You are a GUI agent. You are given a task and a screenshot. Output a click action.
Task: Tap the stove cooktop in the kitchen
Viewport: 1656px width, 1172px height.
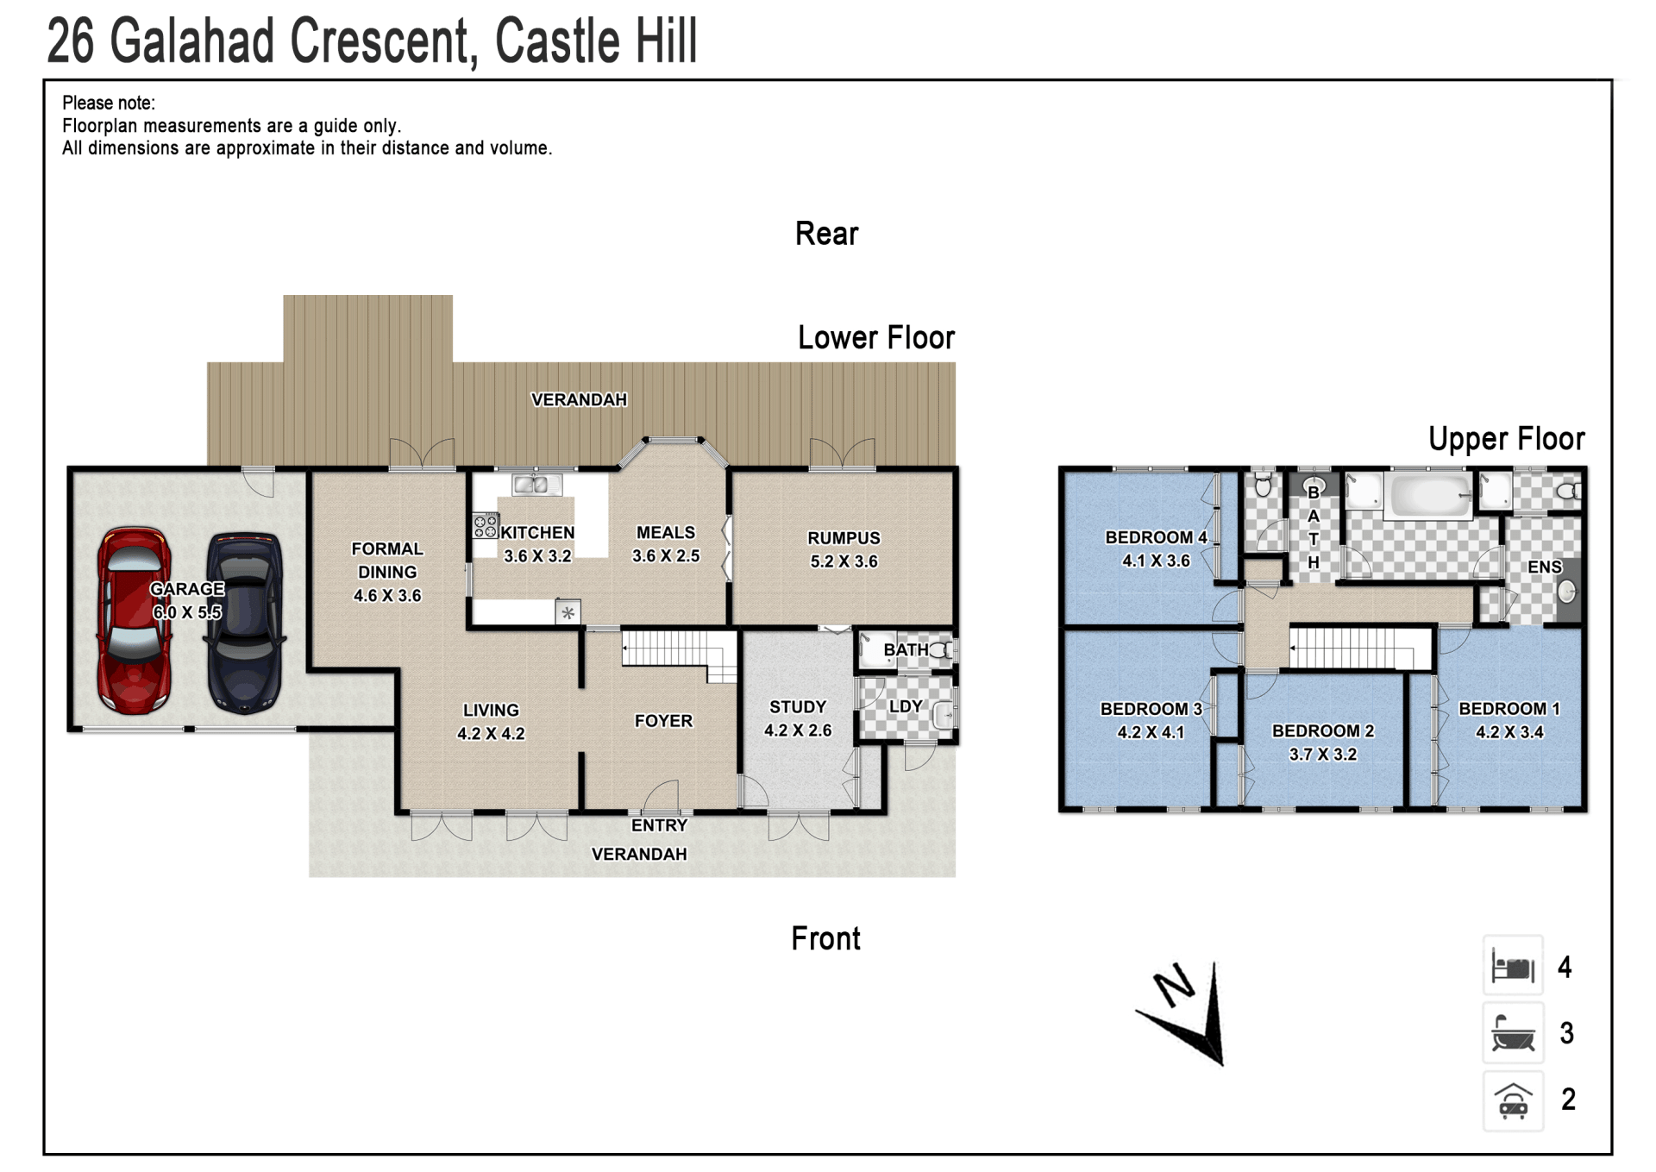click(486, 526)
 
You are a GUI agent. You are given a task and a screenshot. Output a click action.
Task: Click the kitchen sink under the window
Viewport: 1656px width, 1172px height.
click(536, 485)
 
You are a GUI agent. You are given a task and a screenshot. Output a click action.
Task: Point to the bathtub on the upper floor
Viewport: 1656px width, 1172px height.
click(1428, 495)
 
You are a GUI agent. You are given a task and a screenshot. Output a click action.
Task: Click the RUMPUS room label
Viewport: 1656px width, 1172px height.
click(844, 538)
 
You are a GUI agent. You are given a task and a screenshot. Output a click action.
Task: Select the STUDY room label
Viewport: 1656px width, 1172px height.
click(798, 707)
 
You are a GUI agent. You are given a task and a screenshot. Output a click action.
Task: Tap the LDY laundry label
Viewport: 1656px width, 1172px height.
click(906, 706)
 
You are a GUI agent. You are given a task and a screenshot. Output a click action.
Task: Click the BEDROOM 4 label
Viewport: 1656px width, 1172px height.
click(1156, 537)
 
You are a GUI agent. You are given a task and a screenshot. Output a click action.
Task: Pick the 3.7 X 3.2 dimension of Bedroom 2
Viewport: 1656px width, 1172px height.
click(1322, 755)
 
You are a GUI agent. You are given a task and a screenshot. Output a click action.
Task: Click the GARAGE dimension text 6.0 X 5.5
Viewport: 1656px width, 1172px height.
click(187, 612)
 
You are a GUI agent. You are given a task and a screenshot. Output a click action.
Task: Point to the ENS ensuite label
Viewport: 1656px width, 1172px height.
click(1544, 567)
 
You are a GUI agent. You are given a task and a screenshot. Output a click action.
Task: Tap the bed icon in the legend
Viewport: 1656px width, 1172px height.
click(1513, 967)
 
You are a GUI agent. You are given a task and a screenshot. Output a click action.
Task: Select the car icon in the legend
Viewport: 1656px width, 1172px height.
click(1513, 1100)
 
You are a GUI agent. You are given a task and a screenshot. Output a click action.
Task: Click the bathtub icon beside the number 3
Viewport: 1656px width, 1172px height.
click(1513, 1033)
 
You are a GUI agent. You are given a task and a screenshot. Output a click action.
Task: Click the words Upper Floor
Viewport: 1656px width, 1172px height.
click(1506, 439)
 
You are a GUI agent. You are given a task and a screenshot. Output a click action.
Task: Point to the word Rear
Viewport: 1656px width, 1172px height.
click(826, 234)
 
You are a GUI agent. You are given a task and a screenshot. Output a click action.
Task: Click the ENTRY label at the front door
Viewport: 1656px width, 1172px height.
click(659, 825)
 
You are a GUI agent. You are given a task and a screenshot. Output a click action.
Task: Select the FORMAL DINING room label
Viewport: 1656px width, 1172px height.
click(387, 561)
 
